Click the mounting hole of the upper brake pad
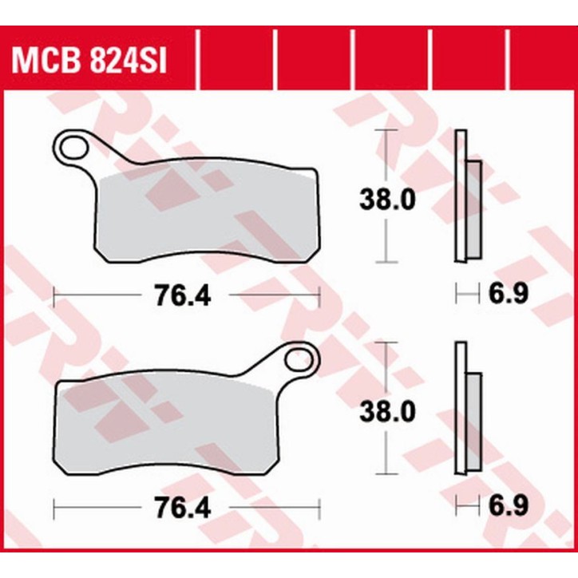click(74, 148)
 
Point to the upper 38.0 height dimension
click(386, 199)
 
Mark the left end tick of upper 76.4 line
click(53, 296)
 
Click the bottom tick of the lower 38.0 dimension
click(386, 475)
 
